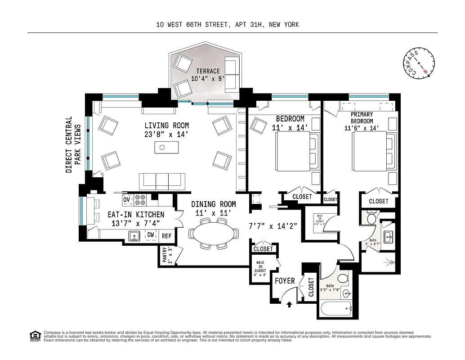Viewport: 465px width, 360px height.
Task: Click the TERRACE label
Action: [208, 71]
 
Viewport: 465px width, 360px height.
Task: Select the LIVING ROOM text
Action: [166, 126]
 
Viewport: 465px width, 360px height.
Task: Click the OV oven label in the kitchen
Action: [126, 199]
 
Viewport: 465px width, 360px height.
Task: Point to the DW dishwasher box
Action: [151, 235]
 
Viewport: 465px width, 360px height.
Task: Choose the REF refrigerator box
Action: [166, 235]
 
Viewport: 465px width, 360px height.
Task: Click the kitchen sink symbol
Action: [134, 235]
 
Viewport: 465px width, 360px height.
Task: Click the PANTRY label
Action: [165, 255]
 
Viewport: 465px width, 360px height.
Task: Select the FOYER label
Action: [285, 281]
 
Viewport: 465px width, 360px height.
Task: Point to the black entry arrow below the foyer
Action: [289, 305]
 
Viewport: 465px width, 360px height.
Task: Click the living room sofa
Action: [162, 181]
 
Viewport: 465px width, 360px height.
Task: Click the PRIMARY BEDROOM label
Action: [362, 118]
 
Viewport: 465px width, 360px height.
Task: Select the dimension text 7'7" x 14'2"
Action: [273, 226]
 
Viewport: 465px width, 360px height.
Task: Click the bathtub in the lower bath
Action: [335, 310]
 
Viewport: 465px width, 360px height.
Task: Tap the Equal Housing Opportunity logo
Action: [34, 336]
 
